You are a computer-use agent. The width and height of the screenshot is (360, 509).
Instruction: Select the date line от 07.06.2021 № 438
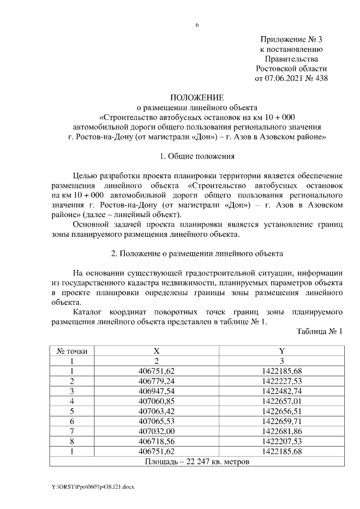coord(291,78)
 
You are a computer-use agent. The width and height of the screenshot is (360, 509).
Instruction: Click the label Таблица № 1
coord(320,332)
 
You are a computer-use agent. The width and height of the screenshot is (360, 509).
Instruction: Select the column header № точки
coord(72,351)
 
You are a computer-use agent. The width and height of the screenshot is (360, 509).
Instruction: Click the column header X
coord(157,351)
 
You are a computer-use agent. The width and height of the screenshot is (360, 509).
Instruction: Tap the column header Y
coord(282,351)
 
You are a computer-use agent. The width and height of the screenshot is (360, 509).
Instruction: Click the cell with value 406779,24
coord(157,381)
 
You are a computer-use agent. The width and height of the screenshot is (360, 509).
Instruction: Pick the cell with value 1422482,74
coord(282,391)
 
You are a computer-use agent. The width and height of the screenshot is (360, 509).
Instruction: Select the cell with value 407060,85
coord(157,401)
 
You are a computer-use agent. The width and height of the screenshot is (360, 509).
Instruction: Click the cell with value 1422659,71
coord(282,421)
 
